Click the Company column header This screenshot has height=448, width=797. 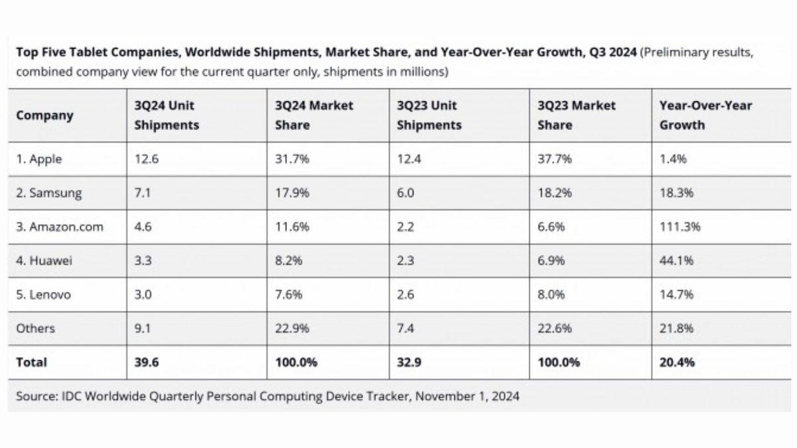coord(44,115)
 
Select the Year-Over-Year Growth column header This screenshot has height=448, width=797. coord(705,115)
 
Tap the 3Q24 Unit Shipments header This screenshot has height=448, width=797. coord(166,115)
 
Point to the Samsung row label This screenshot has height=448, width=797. coord(49,193)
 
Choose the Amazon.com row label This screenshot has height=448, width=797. coord(60,227)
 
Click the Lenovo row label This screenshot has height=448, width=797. coord(43,295)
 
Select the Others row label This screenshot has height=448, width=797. coord(36,329)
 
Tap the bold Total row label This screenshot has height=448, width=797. coord(31,362)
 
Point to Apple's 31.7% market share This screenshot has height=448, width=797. coord(289,159)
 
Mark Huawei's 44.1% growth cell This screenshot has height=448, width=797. coord(677,261)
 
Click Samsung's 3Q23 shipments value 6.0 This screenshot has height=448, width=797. coord(406,193)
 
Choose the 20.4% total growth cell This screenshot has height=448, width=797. coord(677,362)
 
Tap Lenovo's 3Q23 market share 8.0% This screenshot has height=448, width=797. coord(551,295)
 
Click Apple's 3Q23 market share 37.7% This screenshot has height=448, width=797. coord(553,159)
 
